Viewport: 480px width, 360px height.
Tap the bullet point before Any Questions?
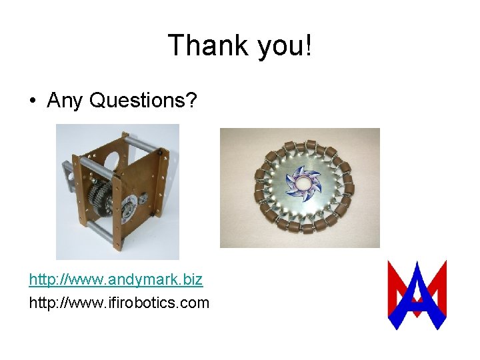(33, 101)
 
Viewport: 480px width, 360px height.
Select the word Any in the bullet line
(65, 100)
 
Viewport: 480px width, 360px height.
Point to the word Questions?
(143, 100)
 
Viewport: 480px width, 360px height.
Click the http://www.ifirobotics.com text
(119, 303)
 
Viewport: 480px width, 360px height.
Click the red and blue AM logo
(417, 295)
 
